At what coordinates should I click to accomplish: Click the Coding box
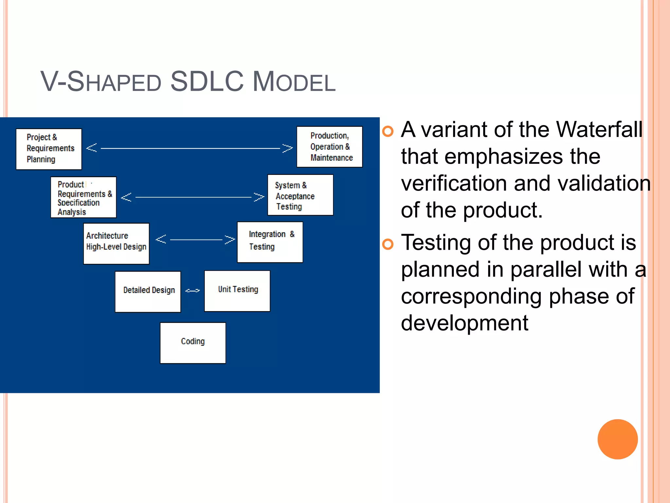pos(193,343)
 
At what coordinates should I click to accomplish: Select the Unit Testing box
pos(237,291)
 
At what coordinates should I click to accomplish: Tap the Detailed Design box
pos(148,291)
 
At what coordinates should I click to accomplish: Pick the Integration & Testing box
pos(270,242)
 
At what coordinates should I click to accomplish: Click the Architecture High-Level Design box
pos(116,243)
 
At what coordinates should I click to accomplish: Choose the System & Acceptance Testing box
pos(300,195)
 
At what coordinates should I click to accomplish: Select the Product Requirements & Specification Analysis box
pos(83,197)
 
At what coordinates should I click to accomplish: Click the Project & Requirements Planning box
pos(49,149)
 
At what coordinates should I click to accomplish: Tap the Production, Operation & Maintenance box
pos(329,147)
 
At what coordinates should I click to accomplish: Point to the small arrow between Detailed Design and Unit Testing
pos(192,290)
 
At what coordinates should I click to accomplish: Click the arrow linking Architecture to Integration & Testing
pos(195,239)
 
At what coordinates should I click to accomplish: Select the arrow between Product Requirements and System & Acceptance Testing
pos(193,197)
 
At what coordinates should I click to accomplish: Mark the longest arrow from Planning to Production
pos(189,148)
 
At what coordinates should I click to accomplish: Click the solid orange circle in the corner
pos(617,439)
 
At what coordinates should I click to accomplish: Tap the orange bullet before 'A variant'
pos(388,131)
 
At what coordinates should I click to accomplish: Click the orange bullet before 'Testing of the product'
pos(388,244)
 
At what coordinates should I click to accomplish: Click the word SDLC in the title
pos(207,82)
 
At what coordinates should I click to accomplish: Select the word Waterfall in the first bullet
pos(599,130)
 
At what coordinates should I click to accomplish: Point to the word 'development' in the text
pos(464,323)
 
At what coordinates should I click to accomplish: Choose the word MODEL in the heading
pos(294,82)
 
